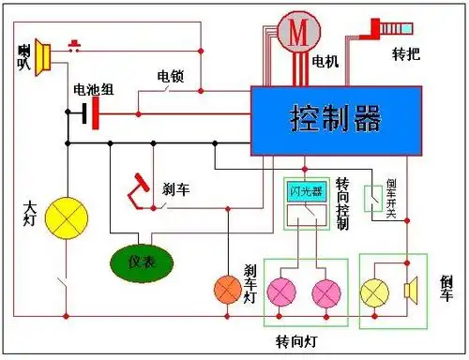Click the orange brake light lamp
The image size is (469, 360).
click(x=228, y=288)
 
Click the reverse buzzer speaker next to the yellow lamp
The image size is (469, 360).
click(x=410, y=290)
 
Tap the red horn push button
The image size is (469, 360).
click(x=74, y=43)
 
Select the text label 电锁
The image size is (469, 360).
click(x=170, y=75)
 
